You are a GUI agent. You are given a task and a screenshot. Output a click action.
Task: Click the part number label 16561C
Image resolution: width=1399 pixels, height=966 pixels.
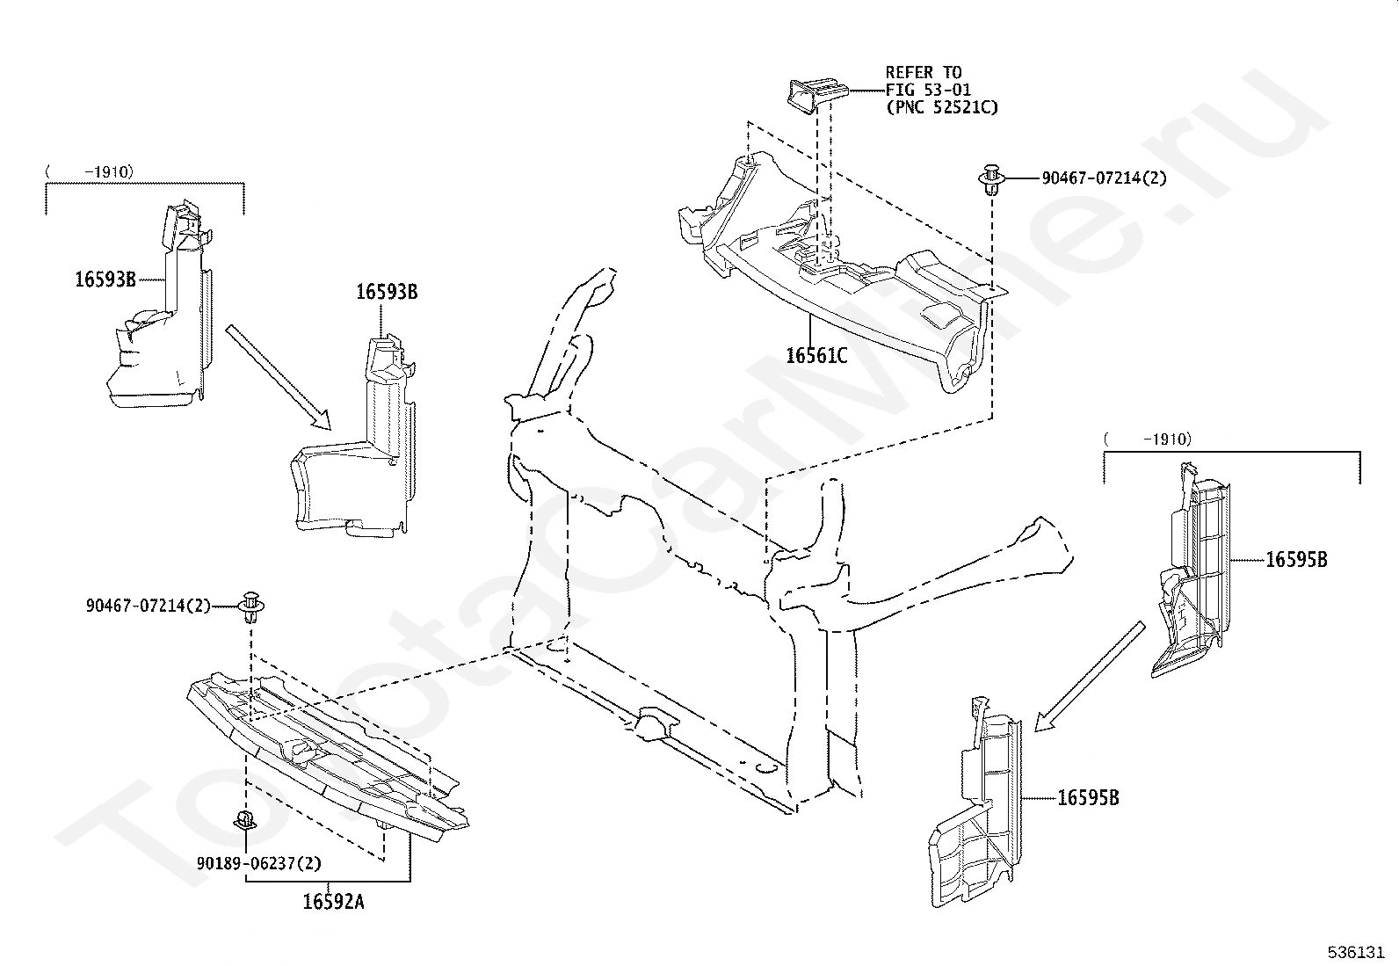pos(816,355)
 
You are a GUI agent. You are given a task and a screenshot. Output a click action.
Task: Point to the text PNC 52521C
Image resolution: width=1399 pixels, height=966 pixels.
pos(946,107)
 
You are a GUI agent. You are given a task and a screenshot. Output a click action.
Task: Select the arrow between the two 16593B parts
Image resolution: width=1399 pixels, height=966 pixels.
pos(277,376)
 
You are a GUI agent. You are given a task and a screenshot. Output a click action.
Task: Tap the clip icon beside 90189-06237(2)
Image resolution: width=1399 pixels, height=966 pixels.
pos(243,821)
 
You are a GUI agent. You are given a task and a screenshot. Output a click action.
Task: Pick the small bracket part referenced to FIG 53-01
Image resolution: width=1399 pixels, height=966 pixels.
pos(815,93)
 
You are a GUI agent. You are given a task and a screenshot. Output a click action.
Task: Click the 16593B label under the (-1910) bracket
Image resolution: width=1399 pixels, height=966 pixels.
pos(105,280)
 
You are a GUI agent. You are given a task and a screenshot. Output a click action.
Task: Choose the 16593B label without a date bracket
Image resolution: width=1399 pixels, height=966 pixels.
pos(387,291)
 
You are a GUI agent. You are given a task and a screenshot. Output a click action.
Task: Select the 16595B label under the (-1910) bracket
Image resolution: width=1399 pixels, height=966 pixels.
pos(1296,559)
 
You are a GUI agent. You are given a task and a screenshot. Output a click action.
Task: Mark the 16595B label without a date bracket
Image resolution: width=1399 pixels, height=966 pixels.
pos(1088,798)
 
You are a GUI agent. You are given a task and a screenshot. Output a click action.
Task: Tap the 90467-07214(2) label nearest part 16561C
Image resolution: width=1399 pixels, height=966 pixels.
pos(1104,178)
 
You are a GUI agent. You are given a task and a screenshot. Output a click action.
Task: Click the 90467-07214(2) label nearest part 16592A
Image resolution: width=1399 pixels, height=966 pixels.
pos(149,606)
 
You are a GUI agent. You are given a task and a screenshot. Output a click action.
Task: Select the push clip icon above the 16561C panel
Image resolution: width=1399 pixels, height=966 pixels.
pos(992,178)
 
